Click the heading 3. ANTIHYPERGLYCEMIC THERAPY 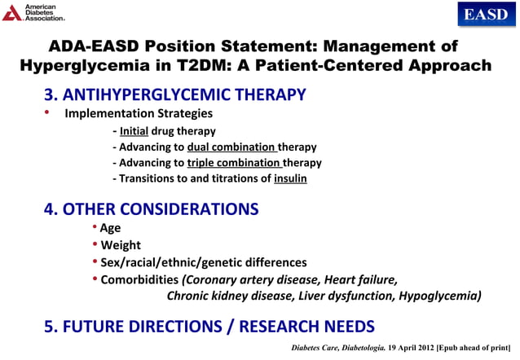[174, 94]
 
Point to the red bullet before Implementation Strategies [47, 112]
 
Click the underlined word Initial [134, 131]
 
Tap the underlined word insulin [290, 178]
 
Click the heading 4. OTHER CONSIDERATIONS [151, 209]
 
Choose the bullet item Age [110, 229]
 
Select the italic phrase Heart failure [361, 279]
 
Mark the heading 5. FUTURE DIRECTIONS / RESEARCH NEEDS [209, 327]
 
